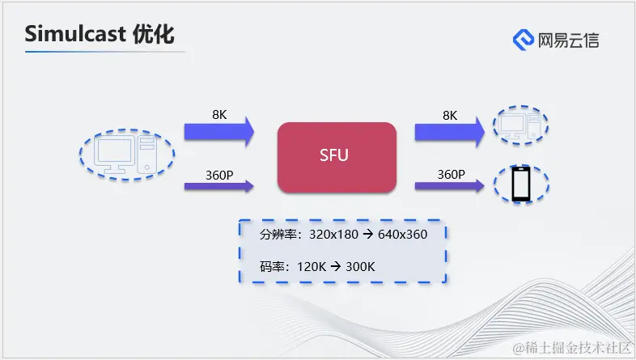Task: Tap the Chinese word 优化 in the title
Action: pos(153,34)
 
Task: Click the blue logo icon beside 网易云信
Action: pos(523,39)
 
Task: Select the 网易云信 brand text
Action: pos(568,40)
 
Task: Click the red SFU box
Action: pos(337,157)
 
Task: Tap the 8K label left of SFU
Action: pos(219,115)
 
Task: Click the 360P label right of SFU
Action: pos(451,173)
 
